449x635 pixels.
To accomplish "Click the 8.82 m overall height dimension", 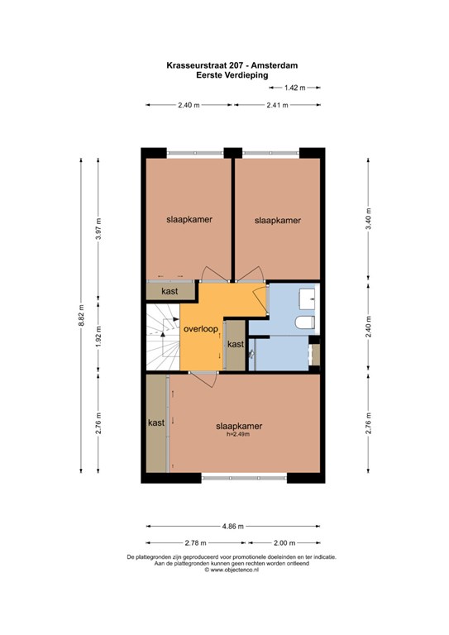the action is pyautogui.click(x=81, y=315).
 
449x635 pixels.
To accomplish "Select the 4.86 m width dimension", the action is pyautogui.click(x=233, y=527).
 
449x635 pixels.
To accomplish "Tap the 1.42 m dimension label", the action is pyautogui.click(x=294, y=88).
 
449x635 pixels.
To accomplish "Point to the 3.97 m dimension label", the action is pyautogui.click(x=98, y=229).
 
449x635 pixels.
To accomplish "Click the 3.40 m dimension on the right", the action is pyautogui.click(x=369, y=218).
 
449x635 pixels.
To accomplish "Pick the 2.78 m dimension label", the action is pyautogui.click(x=195, y=542).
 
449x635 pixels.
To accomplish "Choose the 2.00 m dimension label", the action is pyautogui.click(x=284, y=542).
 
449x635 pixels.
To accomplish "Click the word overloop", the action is pyautogui.click(x=201, y=329).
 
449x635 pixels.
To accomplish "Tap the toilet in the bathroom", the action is pyautogui.click(x=304, y=322).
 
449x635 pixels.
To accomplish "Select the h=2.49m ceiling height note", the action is pyautogui.click(x=238, y=434).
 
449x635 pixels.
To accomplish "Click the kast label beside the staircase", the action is pyautogui.click(x=170, y=291).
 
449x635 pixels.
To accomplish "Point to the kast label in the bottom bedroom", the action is pyautogui.click(x=156, y=423).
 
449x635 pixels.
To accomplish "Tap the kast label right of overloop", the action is pyautogui.click(x=236, y=344).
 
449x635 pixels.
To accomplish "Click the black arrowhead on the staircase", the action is pyautogui.click(x=163, y=334).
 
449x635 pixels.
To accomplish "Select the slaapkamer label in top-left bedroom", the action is pyautogui.click(x=189, y=219).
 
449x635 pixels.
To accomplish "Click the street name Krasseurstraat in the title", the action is pyautogui.click(x=192, y=65).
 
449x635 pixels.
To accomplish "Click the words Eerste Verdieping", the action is pyautogui.click(x=232, y=75).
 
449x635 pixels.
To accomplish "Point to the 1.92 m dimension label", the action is pyautogui.click(x=98, y=337).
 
